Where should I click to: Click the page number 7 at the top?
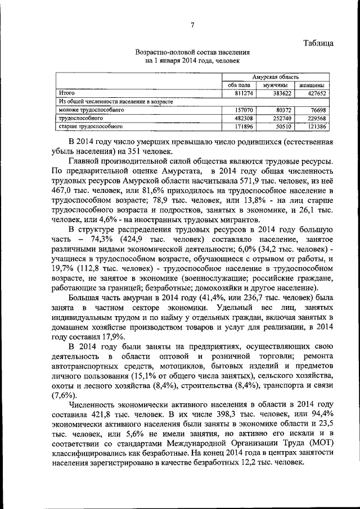(x=192, y=25)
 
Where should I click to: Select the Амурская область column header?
(x=276, y=76)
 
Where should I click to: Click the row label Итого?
(x=67, y=93)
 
